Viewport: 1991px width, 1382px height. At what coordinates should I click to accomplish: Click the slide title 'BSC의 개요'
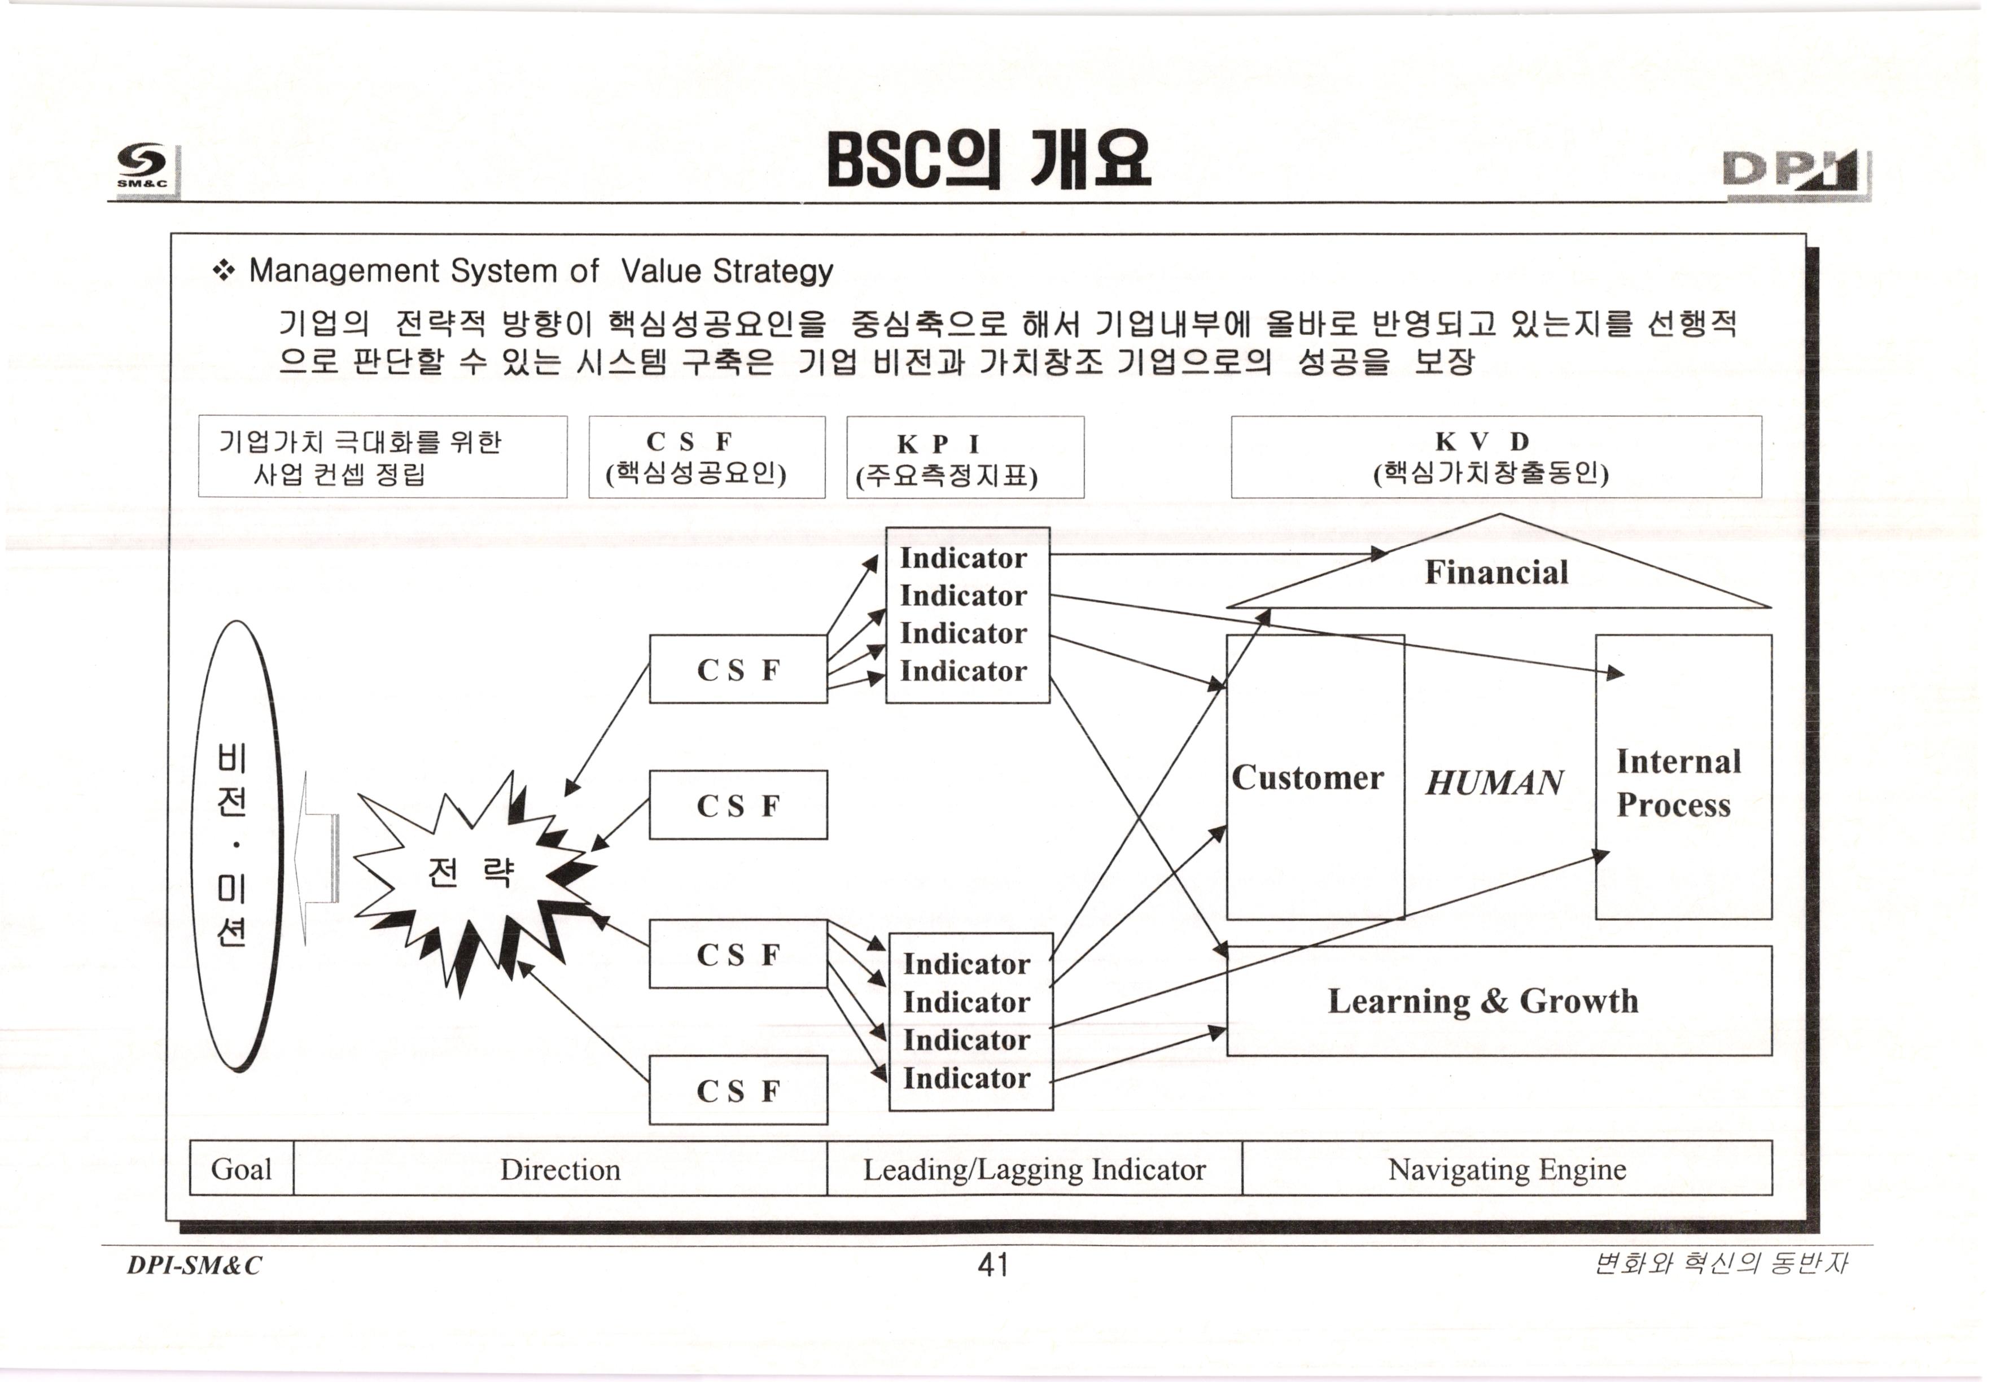pos(988,160)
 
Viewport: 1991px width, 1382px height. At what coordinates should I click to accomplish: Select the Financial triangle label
pos(1496,572)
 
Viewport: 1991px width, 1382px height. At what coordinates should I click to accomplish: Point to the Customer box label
pos(1307,777)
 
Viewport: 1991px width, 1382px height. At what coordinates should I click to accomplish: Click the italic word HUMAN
pos(1494,783)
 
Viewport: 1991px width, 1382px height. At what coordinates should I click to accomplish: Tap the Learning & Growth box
pos(1483,1001)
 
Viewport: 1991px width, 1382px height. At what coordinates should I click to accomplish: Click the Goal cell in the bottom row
pos(242,1169)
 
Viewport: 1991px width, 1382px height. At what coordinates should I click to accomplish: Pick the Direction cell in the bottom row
pos(560,1169)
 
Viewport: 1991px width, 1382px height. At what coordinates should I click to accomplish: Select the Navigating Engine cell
pos(1506,1169)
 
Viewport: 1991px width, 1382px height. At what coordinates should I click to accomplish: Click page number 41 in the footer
pos(993,1265)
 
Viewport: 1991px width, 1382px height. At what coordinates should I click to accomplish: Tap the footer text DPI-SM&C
pos(194,1265)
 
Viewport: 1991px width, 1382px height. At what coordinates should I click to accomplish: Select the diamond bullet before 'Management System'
pos(224,271)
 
